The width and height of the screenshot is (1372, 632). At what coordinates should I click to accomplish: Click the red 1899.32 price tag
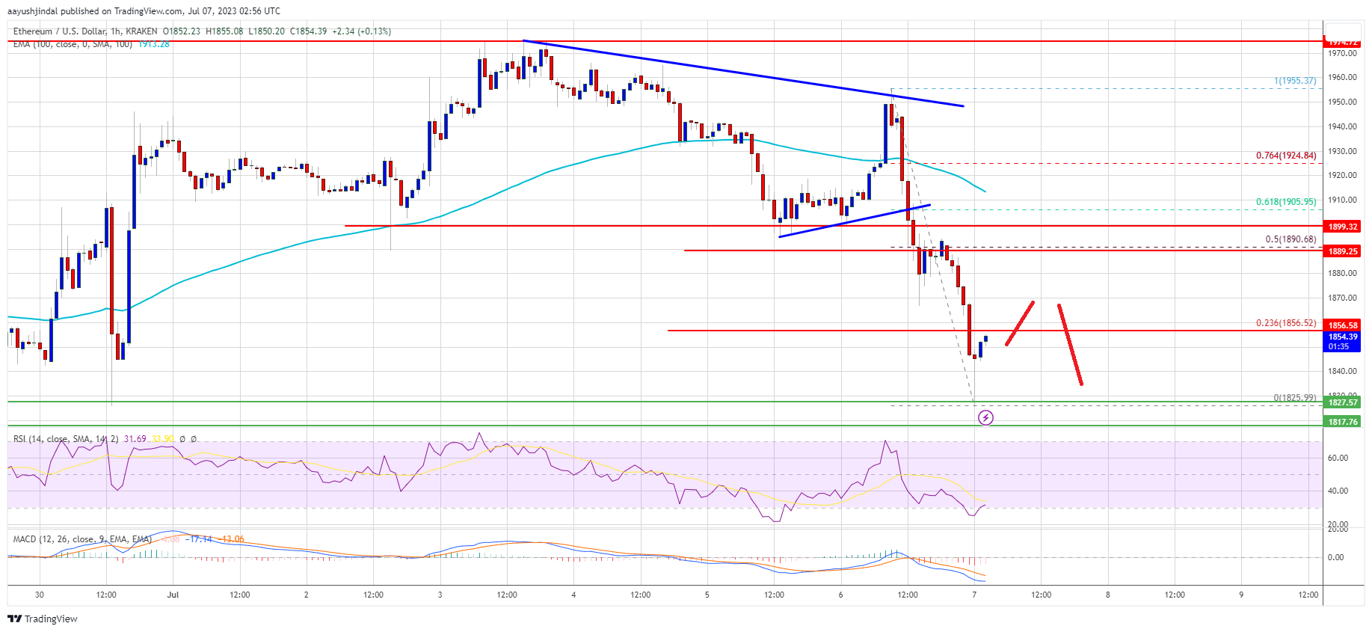[x=1342, y=227]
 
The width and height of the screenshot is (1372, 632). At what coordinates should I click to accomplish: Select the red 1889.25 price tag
[x=1342, y=251]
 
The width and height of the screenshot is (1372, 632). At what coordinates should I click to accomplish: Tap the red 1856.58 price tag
[x=1342, y=325]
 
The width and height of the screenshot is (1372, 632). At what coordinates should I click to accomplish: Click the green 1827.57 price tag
[x=1342, y=402]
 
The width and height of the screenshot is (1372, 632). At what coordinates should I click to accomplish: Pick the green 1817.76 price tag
[x=1342, y=422]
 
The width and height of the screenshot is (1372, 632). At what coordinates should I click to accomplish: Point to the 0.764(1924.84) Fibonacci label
[x=1285, y=156]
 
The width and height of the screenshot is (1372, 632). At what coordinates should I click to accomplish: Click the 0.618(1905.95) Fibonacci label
[x=1285, y=202]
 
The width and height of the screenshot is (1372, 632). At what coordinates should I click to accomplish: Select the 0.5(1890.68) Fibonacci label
[x=1290, y=239]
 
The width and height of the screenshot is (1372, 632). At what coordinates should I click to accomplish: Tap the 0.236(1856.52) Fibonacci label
[x=1285, y=323]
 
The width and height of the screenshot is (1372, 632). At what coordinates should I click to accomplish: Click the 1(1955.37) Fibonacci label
[x=1295, y=81]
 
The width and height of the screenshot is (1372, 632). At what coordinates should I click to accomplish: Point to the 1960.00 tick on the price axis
[x=1341, y=78]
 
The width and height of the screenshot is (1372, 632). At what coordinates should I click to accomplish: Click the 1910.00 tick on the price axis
[x=1341, y=200]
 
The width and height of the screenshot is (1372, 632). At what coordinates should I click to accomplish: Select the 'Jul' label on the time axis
[x=173, y=595]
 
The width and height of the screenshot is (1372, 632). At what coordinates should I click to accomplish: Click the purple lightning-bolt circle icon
[x=985, y=417]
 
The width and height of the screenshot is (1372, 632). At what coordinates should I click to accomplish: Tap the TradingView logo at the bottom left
[x=43, y=619]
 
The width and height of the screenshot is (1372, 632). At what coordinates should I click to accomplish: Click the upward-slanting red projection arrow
[x=1020, y=323]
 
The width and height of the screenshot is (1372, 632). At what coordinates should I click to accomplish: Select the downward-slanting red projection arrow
[x=1070, y=344]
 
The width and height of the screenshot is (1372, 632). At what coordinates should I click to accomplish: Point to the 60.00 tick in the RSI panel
[x=1338, y=458]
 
